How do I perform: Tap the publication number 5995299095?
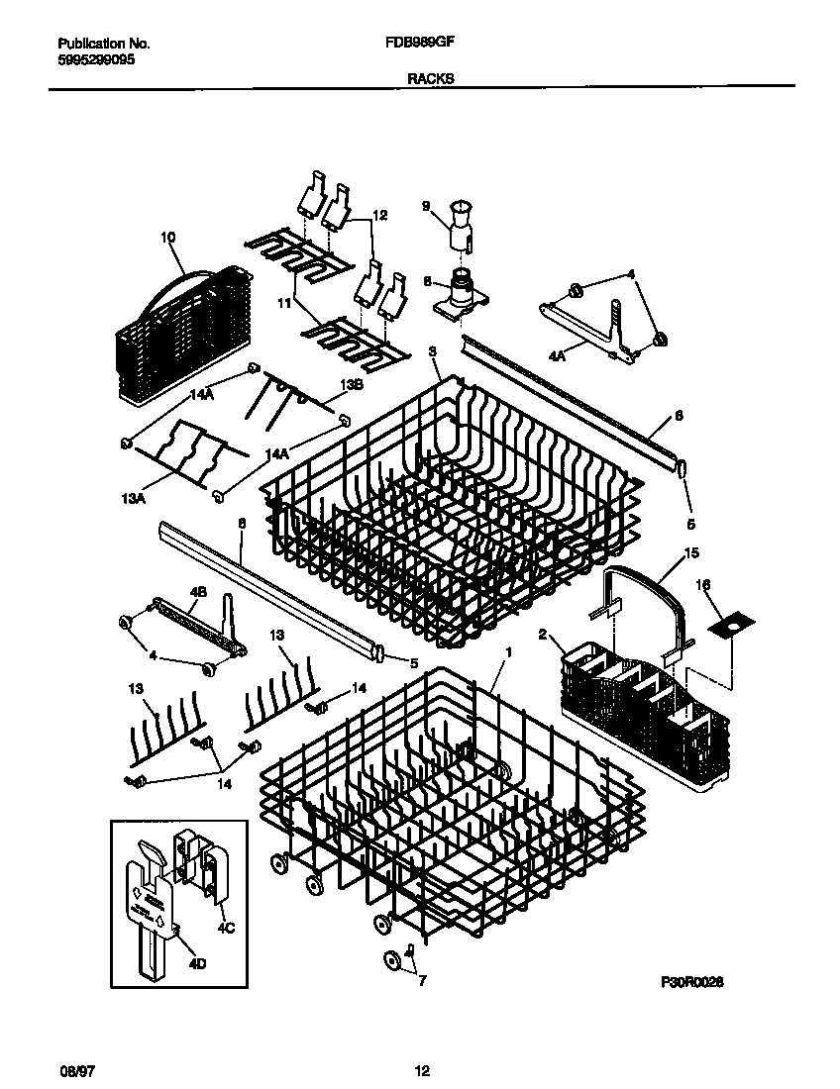96,59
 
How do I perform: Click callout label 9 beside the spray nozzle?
426,207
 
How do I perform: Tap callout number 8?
427,281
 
